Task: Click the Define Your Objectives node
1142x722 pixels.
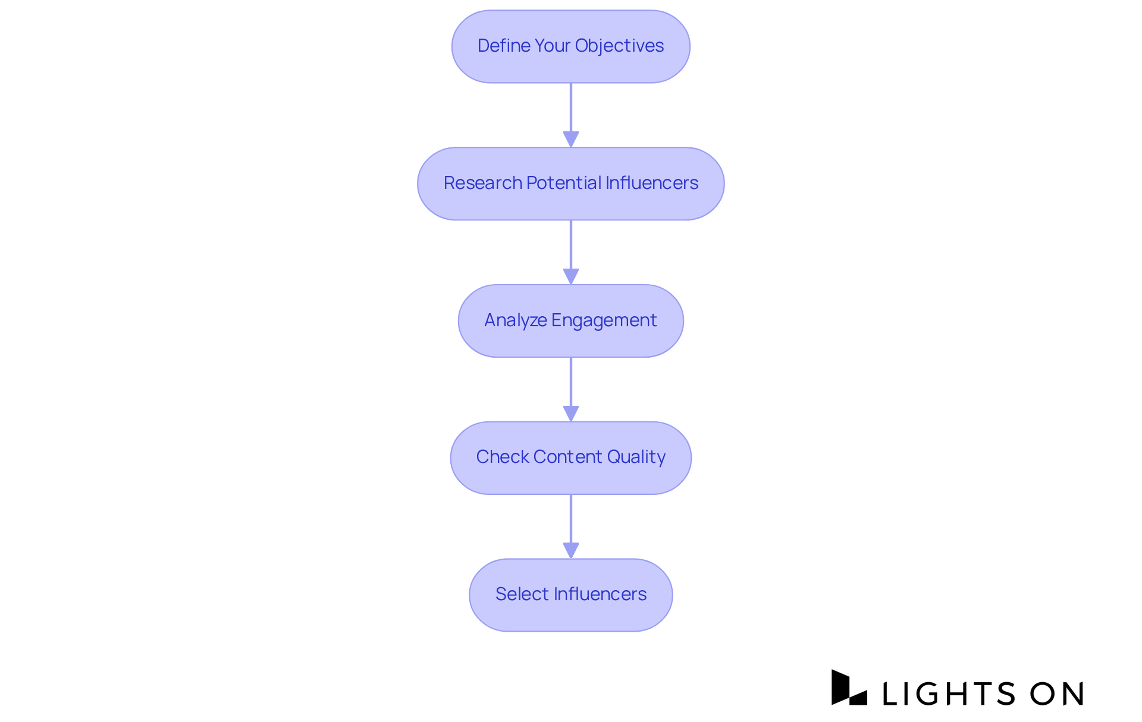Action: coord(570,46)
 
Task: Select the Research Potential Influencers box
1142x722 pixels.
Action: coord(570,184)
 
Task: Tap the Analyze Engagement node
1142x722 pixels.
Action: coord(570,321)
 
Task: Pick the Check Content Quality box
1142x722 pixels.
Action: coord(570,458)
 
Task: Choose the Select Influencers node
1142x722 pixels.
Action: coord(570,595)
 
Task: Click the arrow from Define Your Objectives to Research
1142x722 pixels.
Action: coord(571,115)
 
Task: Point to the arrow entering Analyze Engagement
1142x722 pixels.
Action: coord(571,252)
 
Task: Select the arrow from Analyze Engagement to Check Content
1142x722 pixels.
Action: coord(571,389)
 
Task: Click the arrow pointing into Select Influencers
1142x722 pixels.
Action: coord(571,526)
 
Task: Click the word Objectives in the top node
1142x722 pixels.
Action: coord(619,46)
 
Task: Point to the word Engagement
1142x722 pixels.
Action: coord(604,320)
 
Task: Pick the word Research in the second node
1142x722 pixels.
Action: coord(482,183)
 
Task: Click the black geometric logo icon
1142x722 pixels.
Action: coord(848,688)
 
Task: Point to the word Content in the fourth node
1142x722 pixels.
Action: coord(567,457)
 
